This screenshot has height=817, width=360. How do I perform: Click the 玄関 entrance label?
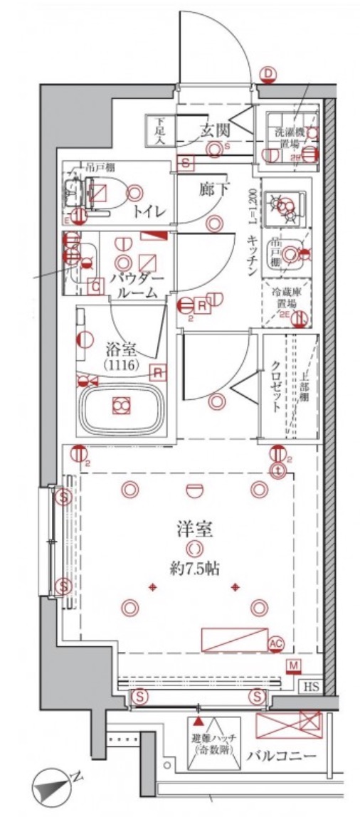tap(214, 131)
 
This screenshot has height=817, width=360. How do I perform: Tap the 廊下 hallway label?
tap(213, 190)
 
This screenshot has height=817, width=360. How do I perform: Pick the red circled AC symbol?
tap(276, 644)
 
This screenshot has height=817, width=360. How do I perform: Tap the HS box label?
tap(312, 687)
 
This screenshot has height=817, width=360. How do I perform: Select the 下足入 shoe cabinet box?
tap(157, 131)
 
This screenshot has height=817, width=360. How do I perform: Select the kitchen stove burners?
tap(287, 204)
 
